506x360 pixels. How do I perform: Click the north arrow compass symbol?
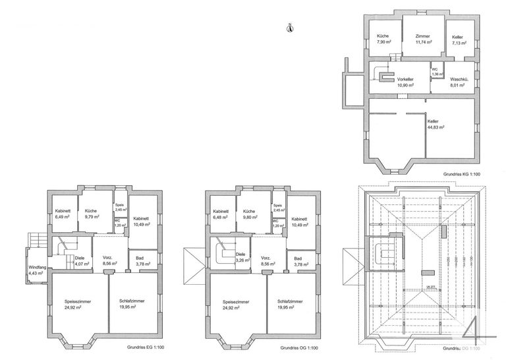click(x=290, y=27)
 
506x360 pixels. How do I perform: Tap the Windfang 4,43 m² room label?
click(x=36, y=269)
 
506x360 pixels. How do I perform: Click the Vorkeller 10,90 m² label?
click(x=405, y=82)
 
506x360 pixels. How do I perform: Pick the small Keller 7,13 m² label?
click(x=459, y=40)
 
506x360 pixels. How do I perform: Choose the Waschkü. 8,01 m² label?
click(x=459, y=82)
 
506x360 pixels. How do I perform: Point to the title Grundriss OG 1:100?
click(x=299, y=347)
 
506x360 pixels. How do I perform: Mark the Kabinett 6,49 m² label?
click(x=63, y=214)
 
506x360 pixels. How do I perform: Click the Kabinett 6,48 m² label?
click(x=221, y=214)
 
